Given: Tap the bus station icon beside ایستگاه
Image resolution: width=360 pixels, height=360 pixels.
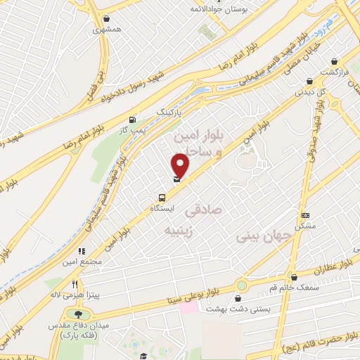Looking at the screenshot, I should click(162, 198).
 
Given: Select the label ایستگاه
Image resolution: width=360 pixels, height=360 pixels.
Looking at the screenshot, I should click(162, 209).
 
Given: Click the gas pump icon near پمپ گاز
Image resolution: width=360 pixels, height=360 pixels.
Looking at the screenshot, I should click(132, 120).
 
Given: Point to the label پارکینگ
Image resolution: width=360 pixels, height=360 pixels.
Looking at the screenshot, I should click(168, 112).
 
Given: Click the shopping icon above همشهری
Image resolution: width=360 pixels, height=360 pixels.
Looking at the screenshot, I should click(105, 19).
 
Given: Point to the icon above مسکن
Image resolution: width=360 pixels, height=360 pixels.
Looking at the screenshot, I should click(305, 215).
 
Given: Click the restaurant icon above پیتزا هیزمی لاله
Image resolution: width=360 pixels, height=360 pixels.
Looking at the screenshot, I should click(75, 284).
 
